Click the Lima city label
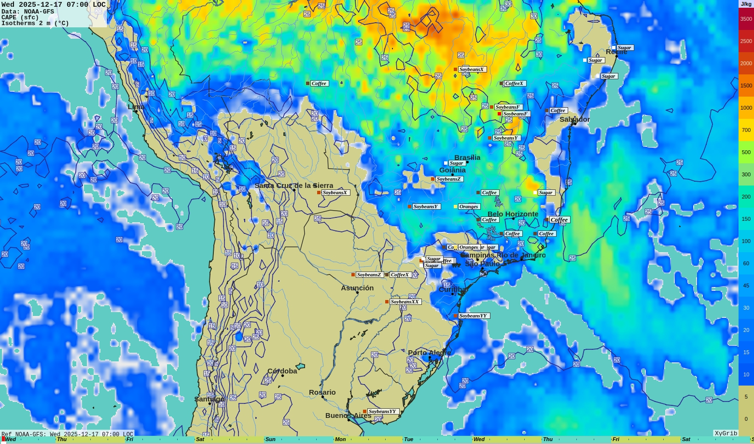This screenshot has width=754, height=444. tap(136, 107)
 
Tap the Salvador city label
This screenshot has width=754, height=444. tap(574, 119)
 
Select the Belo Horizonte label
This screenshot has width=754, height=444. tap(513, 214)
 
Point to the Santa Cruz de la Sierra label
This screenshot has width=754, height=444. tap(293, 186)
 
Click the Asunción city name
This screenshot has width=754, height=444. tap(357, 288)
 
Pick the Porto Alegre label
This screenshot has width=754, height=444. tap(429, 353)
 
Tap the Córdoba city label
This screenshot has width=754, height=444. tap(282, 371)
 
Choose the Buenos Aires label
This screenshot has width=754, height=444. tap(348, 415)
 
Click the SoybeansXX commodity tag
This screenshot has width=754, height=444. tap(405, 302)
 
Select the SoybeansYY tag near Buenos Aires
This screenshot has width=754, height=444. tap(382, 412)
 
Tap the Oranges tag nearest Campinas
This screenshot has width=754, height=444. tap(468, 247)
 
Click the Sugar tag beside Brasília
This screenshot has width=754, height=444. tap(456, 163)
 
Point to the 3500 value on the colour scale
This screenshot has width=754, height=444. tap(746, 19)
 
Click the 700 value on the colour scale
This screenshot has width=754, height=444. tap(746, 130)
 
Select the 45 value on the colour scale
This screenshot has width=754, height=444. tap(746, 286)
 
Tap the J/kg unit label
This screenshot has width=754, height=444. tap(746, 4)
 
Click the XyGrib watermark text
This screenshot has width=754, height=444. tap(726, 433)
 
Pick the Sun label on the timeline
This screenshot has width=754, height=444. tap(270, 440)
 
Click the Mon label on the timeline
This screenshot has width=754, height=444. tap(340, 440)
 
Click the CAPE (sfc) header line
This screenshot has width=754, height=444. tap(20, 17)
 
